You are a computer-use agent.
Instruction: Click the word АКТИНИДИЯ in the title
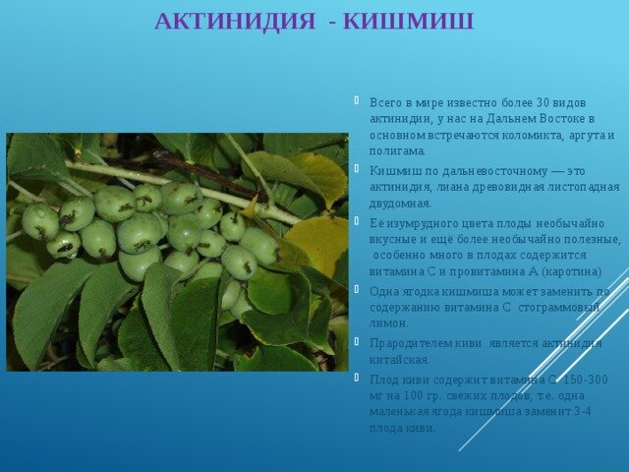click(x=235, y=22)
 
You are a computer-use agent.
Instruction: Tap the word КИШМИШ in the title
click(x=409, y=22)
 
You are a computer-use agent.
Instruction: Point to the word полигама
click(x=397, y=151)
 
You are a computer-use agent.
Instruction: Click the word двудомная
click(x=400, y=204)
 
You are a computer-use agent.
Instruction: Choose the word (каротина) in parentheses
click(x=572, y=271)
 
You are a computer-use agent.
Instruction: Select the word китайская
click(x=400, y=360)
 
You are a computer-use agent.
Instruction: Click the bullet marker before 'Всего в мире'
click(x=356, y=100)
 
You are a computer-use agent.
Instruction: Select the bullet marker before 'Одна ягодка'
click(x=356, y=289)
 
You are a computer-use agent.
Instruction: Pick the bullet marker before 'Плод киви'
click(x=356, y=378)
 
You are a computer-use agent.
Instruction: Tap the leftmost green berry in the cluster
click(x=40, y=222)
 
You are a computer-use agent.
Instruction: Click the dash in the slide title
click(x=332, y=23)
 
